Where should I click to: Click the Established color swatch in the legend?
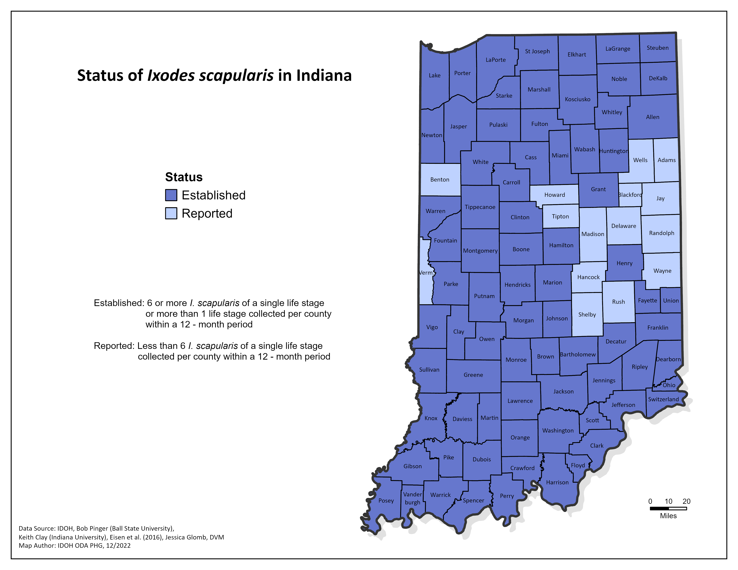coord(171,195)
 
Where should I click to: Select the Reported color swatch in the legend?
coord(171,213)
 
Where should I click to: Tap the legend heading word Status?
coord(184,177)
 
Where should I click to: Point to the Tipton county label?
coord(560,216)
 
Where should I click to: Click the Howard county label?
coord(555,195)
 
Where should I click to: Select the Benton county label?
coord(440,180)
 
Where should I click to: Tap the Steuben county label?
coord(658,48)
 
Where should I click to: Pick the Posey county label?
coord(386,500)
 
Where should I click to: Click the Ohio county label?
coord(669,385)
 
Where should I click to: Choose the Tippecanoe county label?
coord(480,207)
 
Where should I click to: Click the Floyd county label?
coord(578,465)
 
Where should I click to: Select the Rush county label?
coord(618,302)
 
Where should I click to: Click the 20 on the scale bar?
coord(686,501)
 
